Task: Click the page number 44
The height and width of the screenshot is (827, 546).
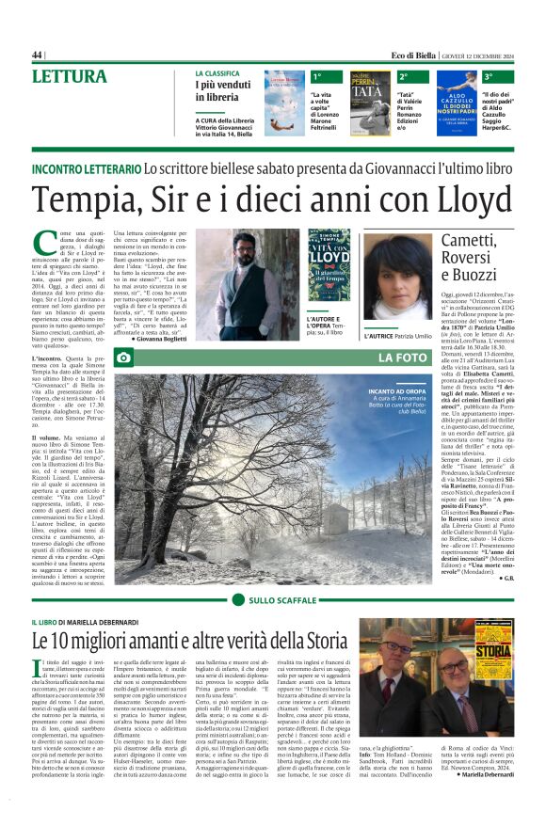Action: (38, 55)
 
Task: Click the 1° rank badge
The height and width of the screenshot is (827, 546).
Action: (318, 76)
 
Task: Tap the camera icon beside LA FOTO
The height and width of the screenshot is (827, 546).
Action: (123, 358)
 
